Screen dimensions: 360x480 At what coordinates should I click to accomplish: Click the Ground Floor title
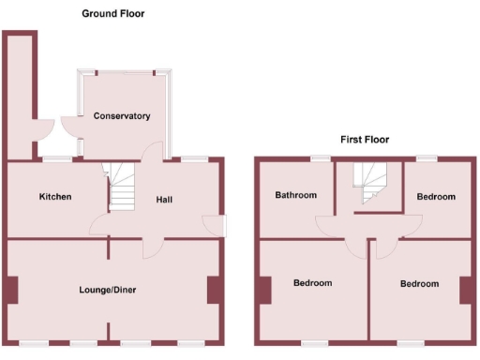point(113,14)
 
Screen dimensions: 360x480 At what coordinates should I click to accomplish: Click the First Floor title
point(364,140)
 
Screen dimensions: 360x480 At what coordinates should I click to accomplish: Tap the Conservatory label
point(122,116)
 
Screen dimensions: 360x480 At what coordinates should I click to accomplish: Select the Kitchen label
point(55,197)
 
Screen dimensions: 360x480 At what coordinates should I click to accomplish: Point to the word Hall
point(164,200)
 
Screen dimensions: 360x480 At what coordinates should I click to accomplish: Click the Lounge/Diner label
point(108,291)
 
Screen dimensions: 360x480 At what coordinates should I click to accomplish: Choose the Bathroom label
point(295,196)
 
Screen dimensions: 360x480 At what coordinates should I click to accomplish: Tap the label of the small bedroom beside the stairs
point(436,197)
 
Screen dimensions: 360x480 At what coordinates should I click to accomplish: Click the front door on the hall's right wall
point(223,226)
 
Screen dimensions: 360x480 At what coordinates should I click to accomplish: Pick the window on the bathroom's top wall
point(322,157)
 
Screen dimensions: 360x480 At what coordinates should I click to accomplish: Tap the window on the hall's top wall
point(194,158)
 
